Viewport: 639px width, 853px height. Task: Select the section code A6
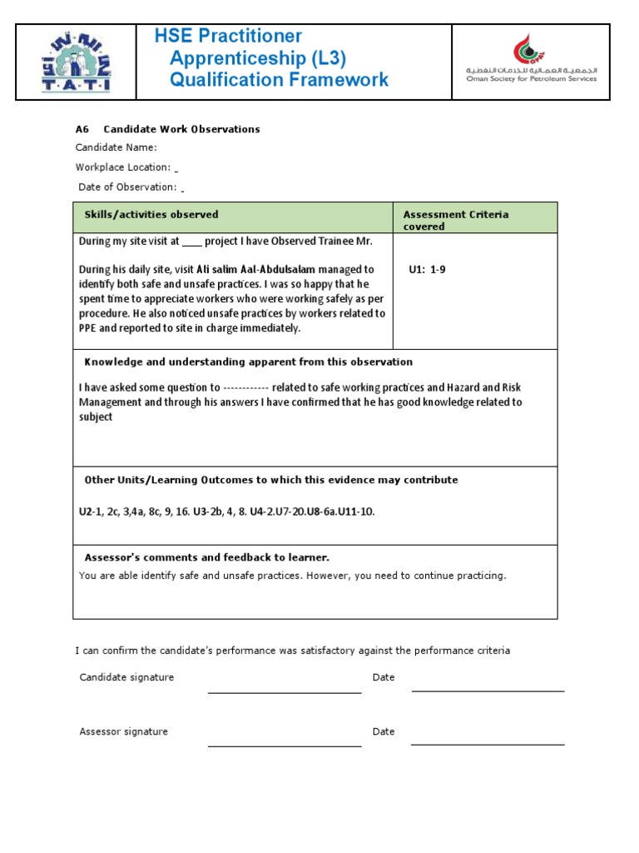pyautogui.click(x=82, y=129)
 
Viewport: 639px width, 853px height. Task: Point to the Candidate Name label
pyautogui.click(x=116, y=147)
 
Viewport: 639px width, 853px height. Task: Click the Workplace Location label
pyautogui.click(x=123, y=167)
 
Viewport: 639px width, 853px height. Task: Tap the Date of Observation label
pyautogui.click(x=127, y=187)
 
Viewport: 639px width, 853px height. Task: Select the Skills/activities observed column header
pyautogui.click(x=151, y=215)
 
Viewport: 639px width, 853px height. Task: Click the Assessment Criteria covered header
pyautogui.click(x=455, y=220)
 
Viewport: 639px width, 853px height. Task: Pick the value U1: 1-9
pyautogui.click(x=427, y=270)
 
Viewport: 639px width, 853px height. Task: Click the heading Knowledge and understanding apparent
pyautogui.click(x=248, y=362)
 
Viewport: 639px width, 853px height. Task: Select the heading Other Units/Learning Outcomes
pyautogui.click(x=270, y=480)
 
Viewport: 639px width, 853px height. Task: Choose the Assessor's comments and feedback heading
pyautogui.click(x=206, y=557)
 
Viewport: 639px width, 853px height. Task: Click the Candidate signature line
pyautogui.click(x=285, y=691)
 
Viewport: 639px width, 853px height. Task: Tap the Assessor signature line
pyautogui.click(x=285, y=745)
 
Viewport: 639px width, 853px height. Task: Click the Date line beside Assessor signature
pyautogui.click(x=488, y=743)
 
